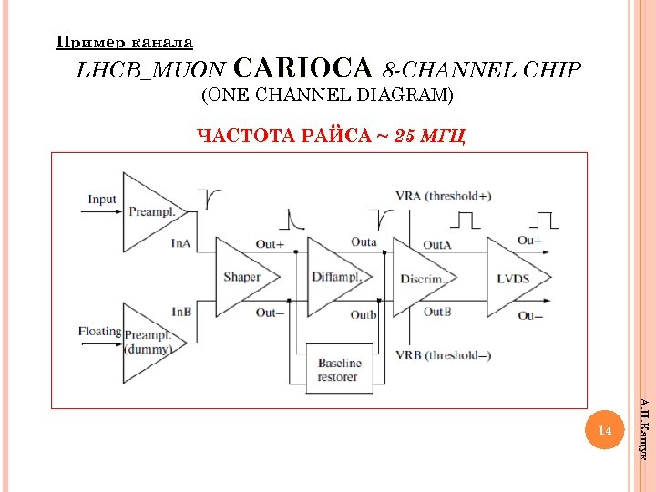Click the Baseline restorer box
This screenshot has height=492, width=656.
pyautogui.click(x=339, y=369)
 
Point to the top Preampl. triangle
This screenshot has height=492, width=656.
pyautogui.click(x=146, y=211)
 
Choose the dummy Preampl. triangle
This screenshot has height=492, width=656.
pyautogui.click(x=147, y=342)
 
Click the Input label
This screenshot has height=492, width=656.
pyautogui.click(x=102, y=200)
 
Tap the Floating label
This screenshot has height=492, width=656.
pyautogui.click(x=99, y=331)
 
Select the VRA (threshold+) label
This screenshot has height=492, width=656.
pyautogui.click(x=444, y=196)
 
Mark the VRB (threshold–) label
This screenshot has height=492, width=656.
pyautogui.click(x=444, y=355)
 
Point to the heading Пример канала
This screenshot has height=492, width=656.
pyautogui.click(x=125, y=41)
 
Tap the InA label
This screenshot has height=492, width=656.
pyautogui.click(x=181, y=243)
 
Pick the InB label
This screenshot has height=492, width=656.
pyautogui.click(x=181, y=313)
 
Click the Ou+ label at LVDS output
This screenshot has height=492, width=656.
pyautogui.click(x=529, y=241)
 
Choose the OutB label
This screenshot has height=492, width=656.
pyautogui.click(x=436, y=312)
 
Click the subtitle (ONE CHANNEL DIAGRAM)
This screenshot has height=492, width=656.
pyautogui.click(x=327, y=95)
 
